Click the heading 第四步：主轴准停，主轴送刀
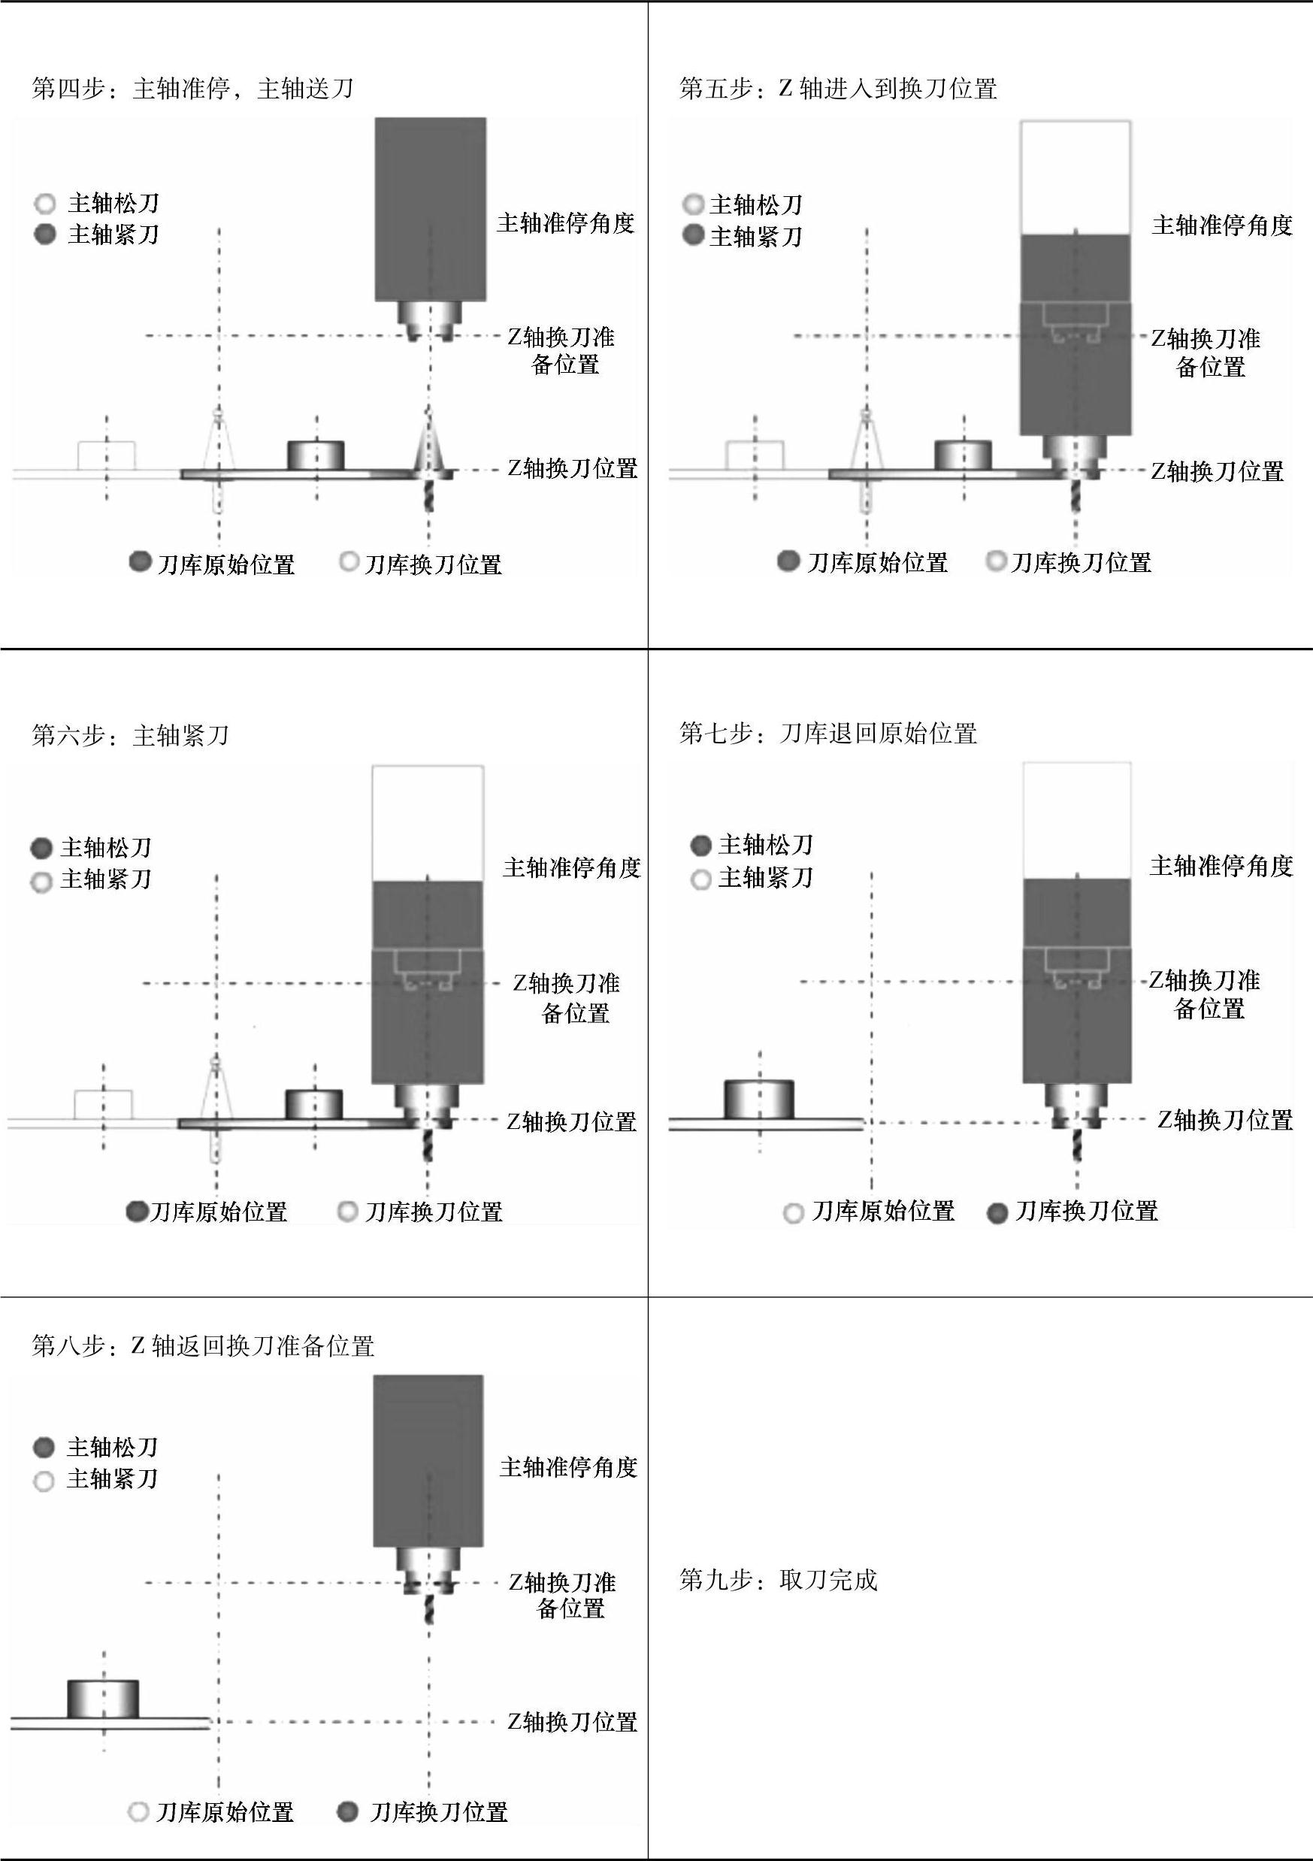pyautogui.click(x=192, y=89)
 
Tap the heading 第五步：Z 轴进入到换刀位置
pyautogui.click(x=838, y=89)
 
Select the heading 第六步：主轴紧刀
pyautogui.click(x=131, y=736)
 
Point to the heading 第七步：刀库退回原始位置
pyautogui.click(x=828, y=734)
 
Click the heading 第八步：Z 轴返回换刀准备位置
pyautogui.click(x=203, y=1346)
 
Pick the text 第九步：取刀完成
pyautogui.click(x=778, y=1581)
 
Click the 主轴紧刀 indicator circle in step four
pyautogui.click(x=45, y=235)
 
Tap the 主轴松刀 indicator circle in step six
pyautogui.click(x=41, y=849)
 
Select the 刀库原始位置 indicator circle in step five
pyautogui.click(x=788, y=561)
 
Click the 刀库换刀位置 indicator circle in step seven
pyautogui.click(x=998, y=1213)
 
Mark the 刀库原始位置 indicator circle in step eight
pyautogui.click(x=138, y=1811)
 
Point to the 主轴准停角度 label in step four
pyautogui.click(x=566, y=224)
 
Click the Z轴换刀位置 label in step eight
pyautogui.click(x=572, y=1722)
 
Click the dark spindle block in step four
pyautogui.click(x=431, y=209)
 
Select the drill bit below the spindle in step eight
pyautogui.click(x=428, y=1610)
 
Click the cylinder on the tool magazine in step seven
pyautogui.click(x=758, y=1099)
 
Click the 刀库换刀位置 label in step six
pyautogui.click(x=434, y=1212)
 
